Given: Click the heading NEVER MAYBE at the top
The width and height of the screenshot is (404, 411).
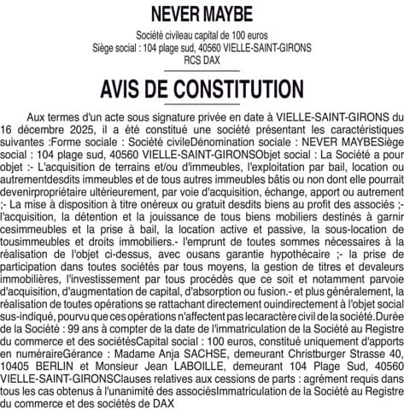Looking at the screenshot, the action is (202, 15).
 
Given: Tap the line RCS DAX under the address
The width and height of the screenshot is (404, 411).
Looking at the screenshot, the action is (202, 62).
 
